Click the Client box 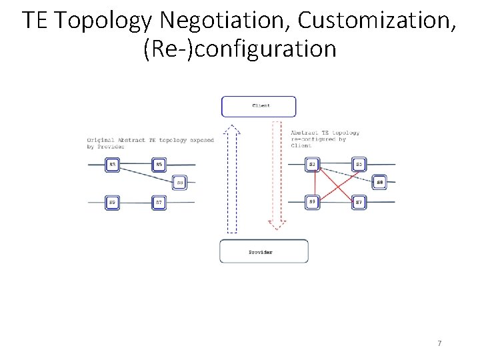(x=259, y=106)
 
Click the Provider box (x=264, y=251)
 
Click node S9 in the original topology (x=113, y=202)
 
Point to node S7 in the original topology (x=159, y=202)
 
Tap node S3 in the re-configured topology (x=313, y=164)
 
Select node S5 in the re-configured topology (x=359, y=164)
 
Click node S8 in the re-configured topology (x=379, y=182)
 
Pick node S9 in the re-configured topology (x=313, y=202)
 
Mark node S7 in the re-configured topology (x=359, y=202)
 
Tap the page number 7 (x=439, y=343)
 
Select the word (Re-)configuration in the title (x=239, y=49)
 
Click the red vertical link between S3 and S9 (x=313, y=183)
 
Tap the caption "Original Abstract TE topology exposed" (x=150, y=140)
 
